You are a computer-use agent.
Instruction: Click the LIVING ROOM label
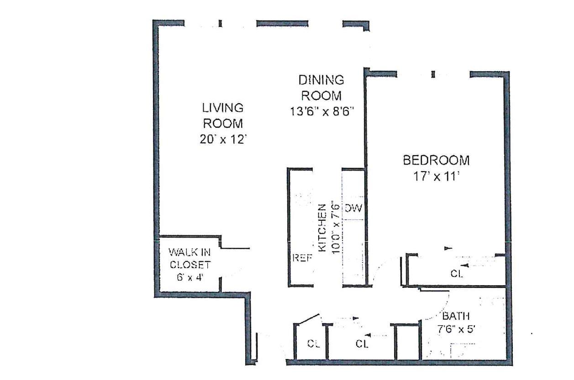pos(222,115)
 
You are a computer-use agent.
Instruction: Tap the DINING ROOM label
pos(321,88)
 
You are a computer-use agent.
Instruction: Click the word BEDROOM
pos(436,161)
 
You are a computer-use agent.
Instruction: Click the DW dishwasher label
pos(353,209)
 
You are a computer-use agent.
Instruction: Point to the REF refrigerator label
pos(302,258)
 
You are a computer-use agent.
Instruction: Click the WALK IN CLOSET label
pos(190,258)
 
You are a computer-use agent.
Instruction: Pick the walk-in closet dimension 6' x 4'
pos(190,277)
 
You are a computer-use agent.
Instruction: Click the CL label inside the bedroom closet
pos(457,275)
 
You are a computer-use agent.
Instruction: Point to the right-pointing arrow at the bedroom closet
pos(448,249)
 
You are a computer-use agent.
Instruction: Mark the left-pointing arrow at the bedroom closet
pos(465,265)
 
